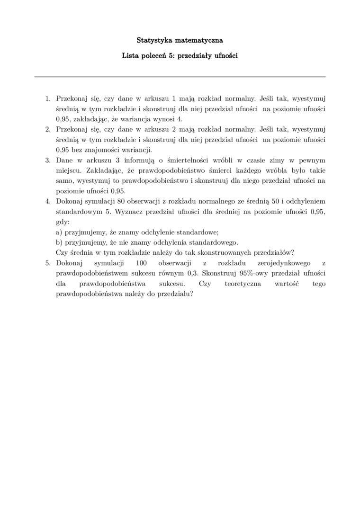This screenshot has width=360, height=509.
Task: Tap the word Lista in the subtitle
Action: click(131, 55)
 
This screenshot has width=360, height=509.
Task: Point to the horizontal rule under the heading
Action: click(180, 77)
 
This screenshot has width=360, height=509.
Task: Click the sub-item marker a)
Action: click(59, 232)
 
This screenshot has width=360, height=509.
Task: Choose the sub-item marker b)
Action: click(59, 242)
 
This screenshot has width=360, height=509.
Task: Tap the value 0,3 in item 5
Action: click(193, 273)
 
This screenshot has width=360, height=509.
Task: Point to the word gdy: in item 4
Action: click(63, 222)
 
